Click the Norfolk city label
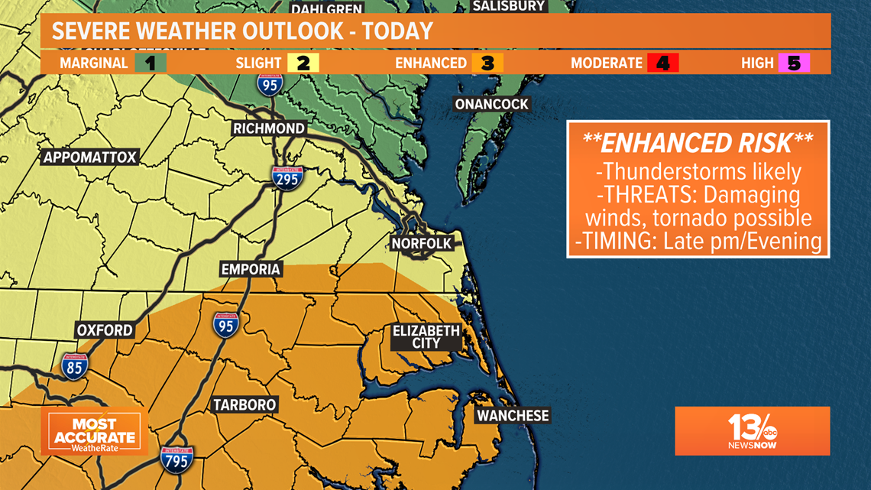click(x=422, y=244)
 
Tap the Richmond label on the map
click(x=269, y=128)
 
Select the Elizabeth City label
click(x=426, y=337)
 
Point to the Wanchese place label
click(x=513, y=416)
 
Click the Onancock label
click(x=491, y=104)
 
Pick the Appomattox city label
click(x=90, y=157)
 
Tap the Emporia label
click(x=251, y=269)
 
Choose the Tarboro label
click(x=244, y=405)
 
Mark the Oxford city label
click(x=105, y=330)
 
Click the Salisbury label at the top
click(x=509, y=6)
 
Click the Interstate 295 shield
click(x=287, y=177)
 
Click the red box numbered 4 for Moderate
click(x=662, y=63)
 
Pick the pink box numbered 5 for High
click(x=794, y=63)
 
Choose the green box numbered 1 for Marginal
click(x=151, y=63)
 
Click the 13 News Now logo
click(x=752, y=431)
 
